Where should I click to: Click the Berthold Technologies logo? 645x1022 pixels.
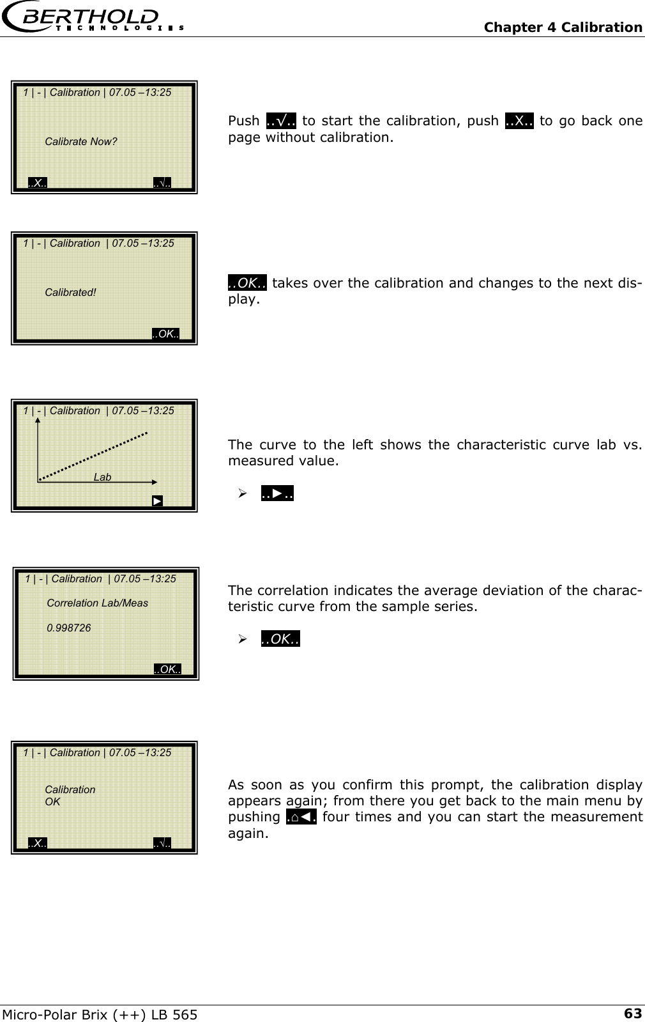click(x=93, y=18)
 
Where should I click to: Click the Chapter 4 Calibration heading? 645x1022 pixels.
click(x=563, y=27)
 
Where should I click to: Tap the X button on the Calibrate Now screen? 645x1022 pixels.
click(x=38, y=183)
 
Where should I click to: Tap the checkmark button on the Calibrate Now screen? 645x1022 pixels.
click(x=162, y=183)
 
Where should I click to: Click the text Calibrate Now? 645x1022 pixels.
click(x=80, y=142)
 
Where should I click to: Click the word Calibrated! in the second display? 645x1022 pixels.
click(x=70, y=293)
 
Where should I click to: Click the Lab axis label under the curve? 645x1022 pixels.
click(x=102, y=477)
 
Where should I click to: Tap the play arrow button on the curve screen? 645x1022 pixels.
click(x=157, y=500)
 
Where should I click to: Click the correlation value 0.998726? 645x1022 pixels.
click(x=68, y=628)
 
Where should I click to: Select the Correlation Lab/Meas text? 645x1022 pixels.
click(x=97, y=603)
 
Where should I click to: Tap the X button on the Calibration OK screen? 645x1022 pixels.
click(x=38, y=844)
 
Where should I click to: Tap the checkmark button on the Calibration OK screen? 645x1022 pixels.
click(x=162, y=844)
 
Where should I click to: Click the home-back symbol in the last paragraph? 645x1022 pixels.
click(x=301, y=817)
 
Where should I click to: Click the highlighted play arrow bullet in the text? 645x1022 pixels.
click(x=277, y=493)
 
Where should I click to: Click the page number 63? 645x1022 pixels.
click(x=632, y=1013)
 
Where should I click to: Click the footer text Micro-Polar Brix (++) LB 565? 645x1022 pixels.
click(x=100, y=1014)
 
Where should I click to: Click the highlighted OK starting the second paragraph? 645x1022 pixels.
click(x=247, y=283)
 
